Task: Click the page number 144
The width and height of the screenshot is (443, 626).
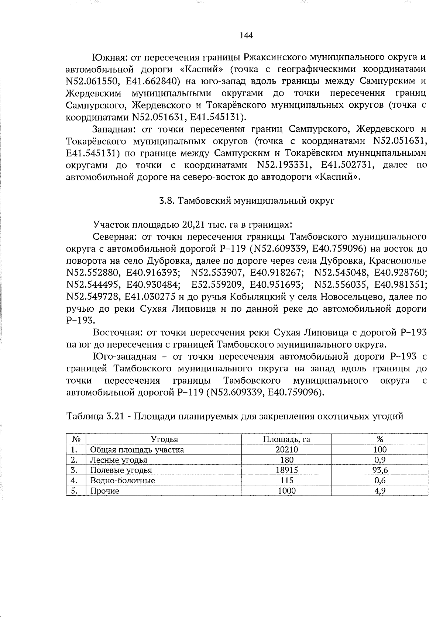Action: click(246, 35)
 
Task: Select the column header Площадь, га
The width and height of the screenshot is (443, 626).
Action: click(286, 439)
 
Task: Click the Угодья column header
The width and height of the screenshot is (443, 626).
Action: click(164, 439)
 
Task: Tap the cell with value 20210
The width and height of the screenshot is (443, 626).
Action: click(287, 450)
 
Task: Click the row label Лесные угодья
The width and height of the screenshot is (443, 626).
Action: click(119, 460)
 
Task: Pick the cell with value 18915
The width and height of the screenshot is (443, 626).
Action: click(287, 470)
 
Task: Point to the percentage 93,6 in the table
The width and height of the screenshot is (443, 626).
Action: click(380, 470)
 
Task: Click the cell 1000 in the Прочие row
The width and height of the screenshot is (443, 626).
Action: click(287, 491)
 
